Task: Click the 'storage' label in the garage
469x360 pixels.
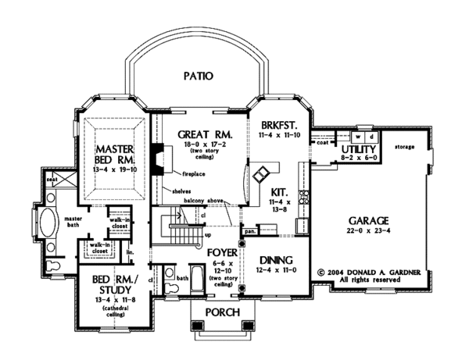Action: pyautogui.click(x=405, y=146)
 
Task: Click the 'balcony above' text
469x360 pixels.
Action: pyautogui.click(x=206, y=201)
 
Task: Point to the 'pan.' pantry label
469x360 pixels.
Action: pyautogui.click(x=250, y=231)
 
